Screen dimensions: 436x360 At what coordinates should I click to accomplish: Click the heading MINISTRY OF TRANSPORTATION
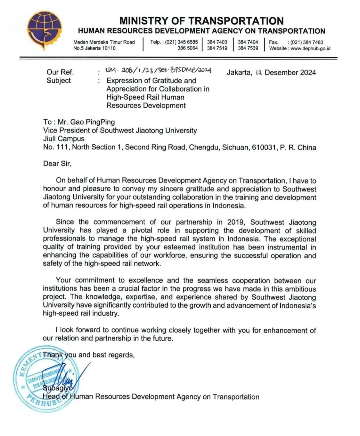tap(201, 21)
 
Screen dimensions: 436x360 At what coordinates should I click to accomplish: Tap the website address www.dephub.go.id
tap(310, 48)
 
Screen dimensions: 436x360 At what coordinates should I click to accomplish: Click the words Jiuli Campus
tap(64, 139)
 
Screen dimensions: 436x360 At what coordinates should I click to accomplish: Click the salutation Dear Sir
tap(57, 164)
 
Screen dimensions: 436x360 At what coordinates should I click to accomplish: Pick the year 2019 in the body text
tap(231, 222)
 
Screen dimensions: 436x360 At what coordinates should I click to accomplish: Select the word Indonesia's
tap(298, 305)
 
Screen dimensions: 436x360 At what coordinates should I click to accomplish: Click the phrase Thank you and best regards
tap(89, 355)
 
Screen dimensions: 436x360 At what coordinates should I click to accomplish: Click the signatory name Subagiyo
tap(56, 388)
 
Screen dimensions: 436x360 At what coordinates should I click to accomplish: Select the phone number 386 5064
tap(187, 48)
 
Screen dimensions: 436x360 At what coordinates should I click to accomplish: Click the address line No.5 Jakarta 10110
tap(94, 48)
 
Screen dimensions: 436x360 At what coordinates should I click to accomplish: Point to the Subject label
tap(59, 81)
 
